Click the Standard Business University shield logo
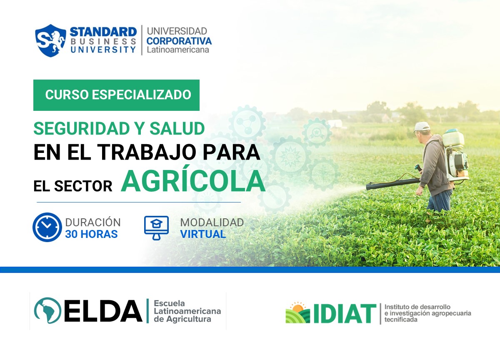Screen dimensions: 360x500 (x=50, y=40)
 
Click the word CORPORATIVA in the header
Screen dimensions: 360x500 (x=179, y=41)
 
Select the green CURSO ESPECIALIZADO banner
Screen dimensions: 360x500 (x=116, y=95)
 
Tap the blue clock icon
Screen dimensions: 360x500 (x=47, y=227)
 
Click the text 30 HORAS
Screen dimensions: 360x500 (x=91, y=234)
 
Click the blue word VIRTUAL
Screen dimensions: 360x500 (x=203, y=234)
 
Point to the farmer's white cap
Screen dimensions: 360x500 (x=422, y=127)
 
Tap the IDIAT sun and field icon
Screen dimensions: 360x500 (x=297, y=313)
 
